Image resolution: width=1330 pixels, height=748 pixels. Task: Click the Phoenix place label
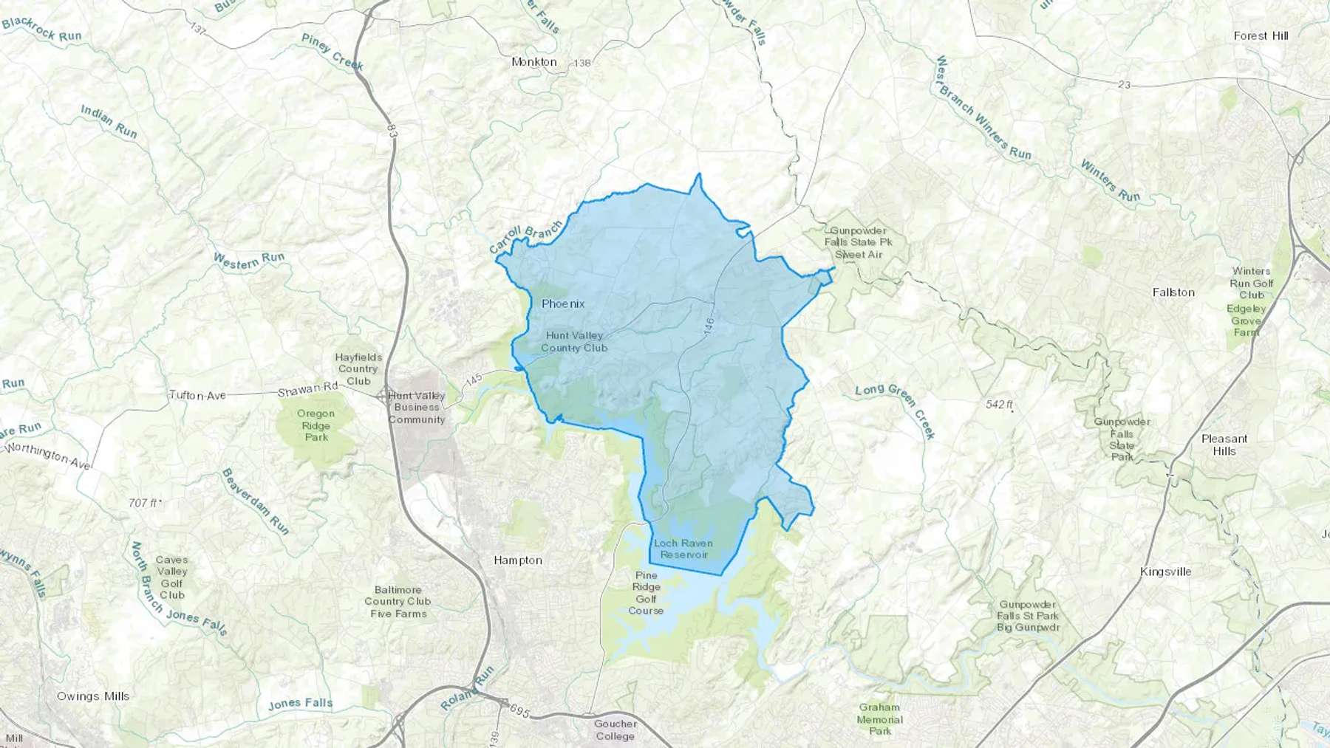(x=562, y=303)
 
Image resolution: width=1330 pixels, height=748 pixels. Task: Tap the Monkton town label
(x=533, y=62)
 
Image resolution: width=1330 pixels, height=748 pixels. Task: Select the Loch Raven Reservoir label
(x=683, y=549)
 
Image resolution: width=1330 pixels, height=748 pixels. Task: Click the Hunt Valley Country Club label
(x=573, y=341)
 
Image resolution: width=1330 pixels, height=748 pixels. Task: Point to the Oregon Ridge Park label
(x=316, y=425)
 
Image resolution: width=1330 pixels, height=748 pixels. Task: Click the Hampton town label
(x=517, y=560)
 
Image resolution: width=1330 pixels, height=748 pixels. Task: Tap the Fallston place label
(x=1173, y=292)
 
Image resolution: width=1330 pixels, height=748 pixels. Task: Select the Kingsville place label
(x=1165, y=572)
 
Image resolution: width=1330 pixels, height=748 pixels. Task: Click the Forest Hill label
(x=1261, y=35)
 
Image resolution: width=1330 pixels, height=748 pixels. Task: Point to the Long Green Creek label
(x=896, y=411)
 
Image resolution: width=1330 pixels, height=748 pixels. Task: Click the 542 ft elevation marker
(x=999, y=405)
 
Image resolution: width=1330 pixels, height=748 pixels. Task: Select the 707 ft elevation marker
(x=143, y=503)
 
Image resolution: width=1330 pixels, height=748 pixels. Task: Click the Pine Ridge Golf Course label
(x=645, y=593)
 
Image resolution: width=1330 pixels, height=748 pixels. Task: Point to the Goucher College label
(x=615, y=730)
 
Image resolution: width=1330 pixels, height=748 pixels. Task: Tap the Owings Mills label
(x=93, y=696)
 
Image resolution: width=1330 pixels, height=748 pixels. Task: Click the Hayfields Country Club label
(x=358, y=368)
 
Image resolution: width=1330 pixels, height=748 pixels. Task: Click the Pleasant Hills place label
(x=1224, y=445)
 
